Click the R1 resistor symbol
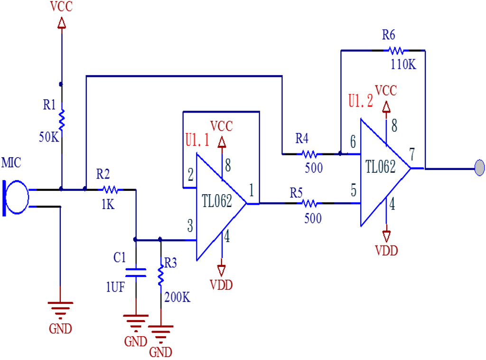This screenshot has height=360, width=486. click(x=62, y=120)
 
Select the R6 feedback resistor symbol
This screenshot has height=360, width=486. click(x=396, y=50)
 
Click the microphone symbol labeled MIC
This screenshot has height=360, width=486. click(x=16, y=198)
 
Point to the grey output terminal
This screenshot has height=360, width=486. click(x=479, y=168)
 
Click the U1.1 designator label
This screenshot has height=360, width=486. click(x=196, y=141)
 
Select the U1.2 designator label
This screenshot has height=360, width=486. click(x=360, y=101)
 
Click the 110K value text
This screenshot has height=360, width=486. click(x=403, y=65)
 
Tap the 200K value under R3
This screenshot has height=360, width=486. click(x=178, y=297)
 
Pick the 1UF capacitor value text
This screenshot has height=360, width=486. click(x=115, y=287)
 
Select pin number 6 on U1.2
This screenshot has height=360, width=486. click(x=352, y=141)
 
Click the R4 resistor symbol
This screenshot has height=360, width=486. click(x=309, y=154)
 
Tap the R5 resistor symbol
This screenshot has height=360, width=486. click(x=309, y=203)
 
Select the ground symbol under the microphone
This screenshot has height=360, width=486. click(x=60, y=309)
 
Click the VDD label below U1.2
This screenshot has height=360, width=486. click(x=386, y=251)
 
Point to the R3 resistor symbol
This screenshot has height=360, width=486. click(x=160, y=275)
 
